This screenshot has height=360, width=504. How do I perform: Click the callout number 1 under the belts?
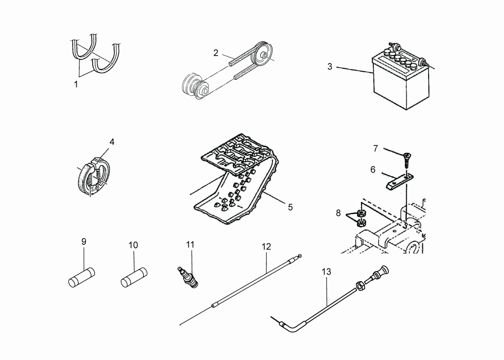click(76, 85)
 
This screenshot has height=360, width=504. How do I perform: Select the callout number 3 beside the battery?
click(330, 67)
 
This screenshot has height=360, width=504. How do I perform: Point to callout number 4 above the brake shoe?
click(112, 141)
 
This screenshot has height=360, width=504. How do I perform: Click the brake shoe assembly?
click(93, 176)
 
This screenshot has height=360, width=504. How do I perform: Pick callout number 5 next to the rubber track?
click(290, 208)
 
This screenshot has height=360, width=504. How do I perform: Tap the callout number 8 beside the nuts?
click(338, 213)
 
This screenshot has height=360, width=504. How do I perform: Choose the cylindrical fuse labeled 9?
click(82, 278)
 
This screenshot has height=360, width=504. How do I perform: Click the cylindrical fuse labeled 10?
click(134, 278)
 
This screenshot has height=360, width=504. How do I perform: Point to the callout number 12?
click(266, 247)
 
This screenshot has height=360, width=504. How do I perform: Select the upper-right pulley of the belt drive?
click(263, 53)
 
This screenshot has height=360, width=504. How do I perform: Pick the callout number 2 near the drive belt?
click(216, 53)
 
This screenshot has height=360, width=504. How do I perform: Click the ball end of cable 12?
click(300, 256)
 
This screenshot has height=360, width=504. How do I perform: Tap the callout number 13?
click(326, 272)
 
